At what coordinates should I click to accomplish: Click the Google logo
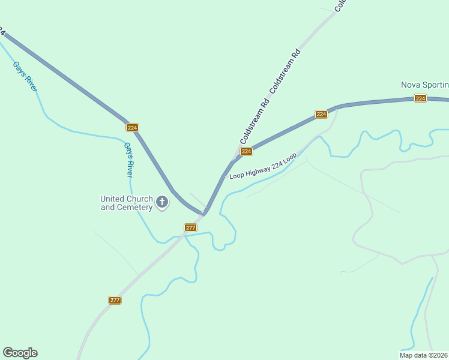tap(20, 353)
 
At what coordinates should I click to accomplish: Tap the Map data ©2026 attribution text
tap(424, 355)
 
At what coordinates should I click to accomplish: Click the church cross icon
tap(162, 203)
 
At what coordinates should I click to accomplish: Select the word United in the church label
tap(112, 199)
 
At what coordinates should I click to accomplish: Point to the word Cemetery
tap(134, 208)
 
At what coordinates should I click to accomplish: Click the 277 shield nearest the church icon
tap(190, 228)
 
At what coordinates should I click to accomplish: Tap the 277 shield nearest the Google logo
tap(115, 300)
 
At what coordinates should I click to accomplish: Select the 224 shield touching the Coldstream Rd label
tap(246, 152)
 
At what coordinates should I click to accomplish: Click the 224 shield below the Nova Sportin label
tap(420, 98)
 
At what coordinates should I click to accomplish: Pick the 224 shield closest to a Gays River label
tap(133, 128)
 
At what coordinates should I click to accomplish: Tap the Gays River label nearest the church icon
tap(128, 160)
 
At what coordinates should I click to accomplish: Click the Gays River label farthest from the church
tap(25, 76)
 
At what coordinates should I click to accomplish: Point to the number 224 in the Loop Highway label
tap(277, 163)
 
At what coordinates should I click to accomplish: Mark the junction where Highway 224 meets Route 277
tap(204, 213)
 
